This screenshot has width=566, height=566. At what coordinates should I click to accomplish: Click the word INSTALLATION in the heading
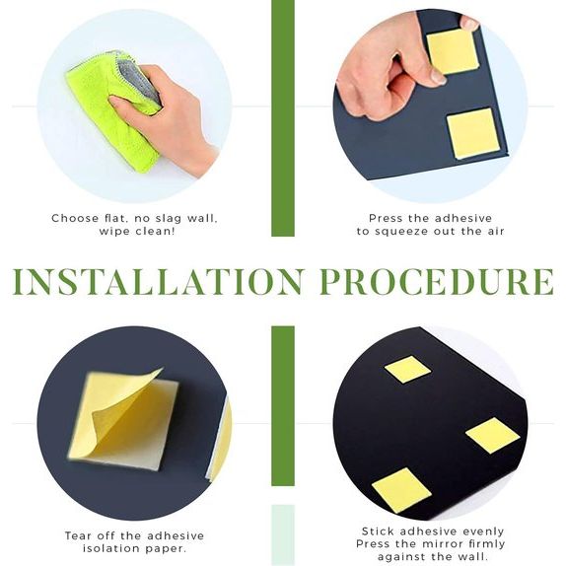158,282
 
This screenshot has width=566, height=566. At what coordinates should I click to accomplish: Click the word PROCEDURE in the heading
437,282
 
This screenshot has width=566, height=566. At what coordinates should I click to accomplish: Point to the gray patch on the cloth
139,81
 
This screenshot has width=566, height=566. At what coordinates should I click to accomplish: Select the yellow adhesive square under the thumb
453,51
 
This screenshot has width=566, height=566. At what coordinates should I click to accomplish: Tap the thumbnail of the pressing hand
438,76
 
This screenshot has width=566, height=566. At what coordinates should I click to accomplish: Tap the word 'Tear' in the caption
78,535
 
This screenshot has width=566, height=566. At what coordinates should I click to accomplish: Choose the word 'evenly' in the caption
483,531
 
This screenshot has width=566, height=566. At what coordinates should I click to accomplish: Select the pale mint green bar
283,535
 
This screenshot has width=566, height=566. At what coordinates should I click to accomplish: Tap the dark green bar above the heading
283,118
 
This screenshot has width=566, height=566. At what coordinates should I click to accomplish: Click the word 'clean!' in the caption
155,231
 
